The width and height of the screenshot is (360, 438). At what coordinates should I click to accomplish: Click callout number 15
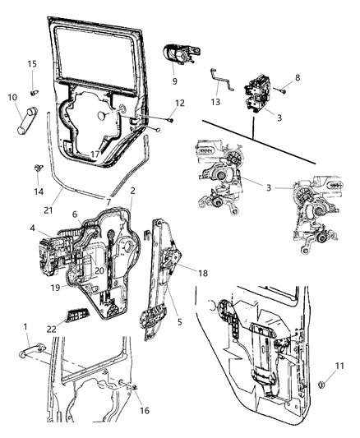(x=32, y=63)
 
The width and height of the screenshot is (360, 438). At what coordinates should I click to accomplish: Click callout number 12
(x=180, y=104)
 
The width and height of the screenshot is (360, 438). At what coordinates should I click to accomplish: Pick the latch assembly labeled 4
(x=53, y=251)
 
